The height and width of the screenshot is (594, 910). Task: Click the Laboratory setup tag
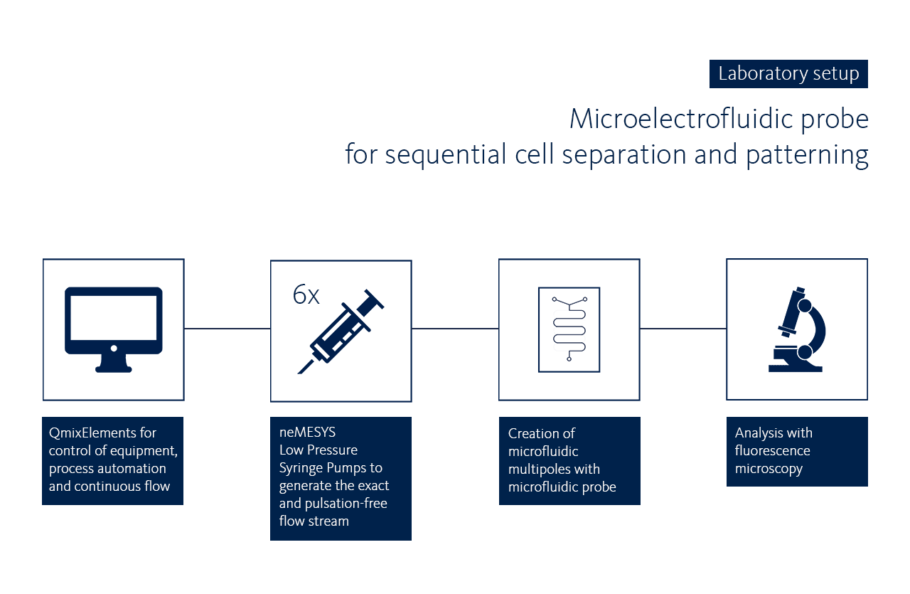coord(788,74)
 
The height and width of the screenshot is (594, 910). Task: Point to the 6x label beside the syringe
coord(306,295)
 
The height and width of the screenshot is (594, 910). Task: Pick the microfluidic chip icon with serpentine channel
coord(569,329)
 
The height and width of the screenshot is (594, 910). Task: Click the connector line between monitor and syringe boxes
coord(227,329)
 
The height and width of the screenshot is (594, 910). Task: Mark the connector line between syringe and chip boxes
coord(455,329)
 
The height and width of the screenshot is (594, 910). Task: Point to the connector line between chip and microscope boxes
coord(683,329)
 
